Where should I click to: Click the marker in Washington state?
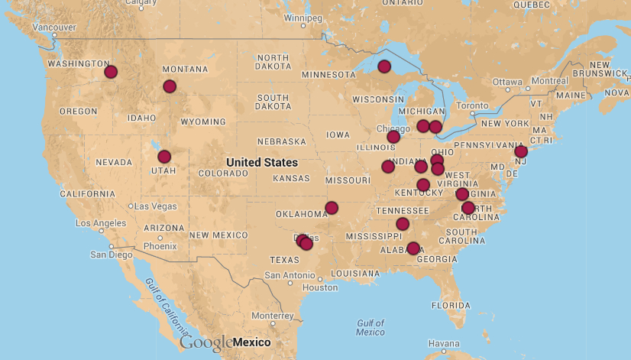coord(111,72)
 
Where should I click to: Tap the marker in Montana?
coord(170,86)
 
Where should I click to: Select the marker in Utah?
coord(164,157)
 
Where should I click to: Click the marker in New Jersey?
coord(521,151)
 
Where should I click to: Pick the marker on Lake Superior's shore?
coord(384,66)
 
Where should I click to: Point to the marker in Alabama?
coord(413,248)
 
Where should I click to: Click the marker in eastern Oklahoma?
coord(332,208)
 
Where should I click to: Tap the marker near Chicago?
coord(393,137)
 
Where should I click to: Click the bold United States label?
coord(262,163)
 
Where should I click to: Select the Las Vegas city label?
coord(155,206)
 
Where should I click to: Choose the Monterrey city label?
coord(272,315)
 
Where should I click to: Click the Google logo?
coord(206,342)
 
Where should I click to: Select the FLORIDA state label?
coord(450,305)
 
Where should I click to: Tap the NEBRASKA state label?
coord(281,142)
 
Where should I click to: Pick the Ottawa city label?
coord(507,82)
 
